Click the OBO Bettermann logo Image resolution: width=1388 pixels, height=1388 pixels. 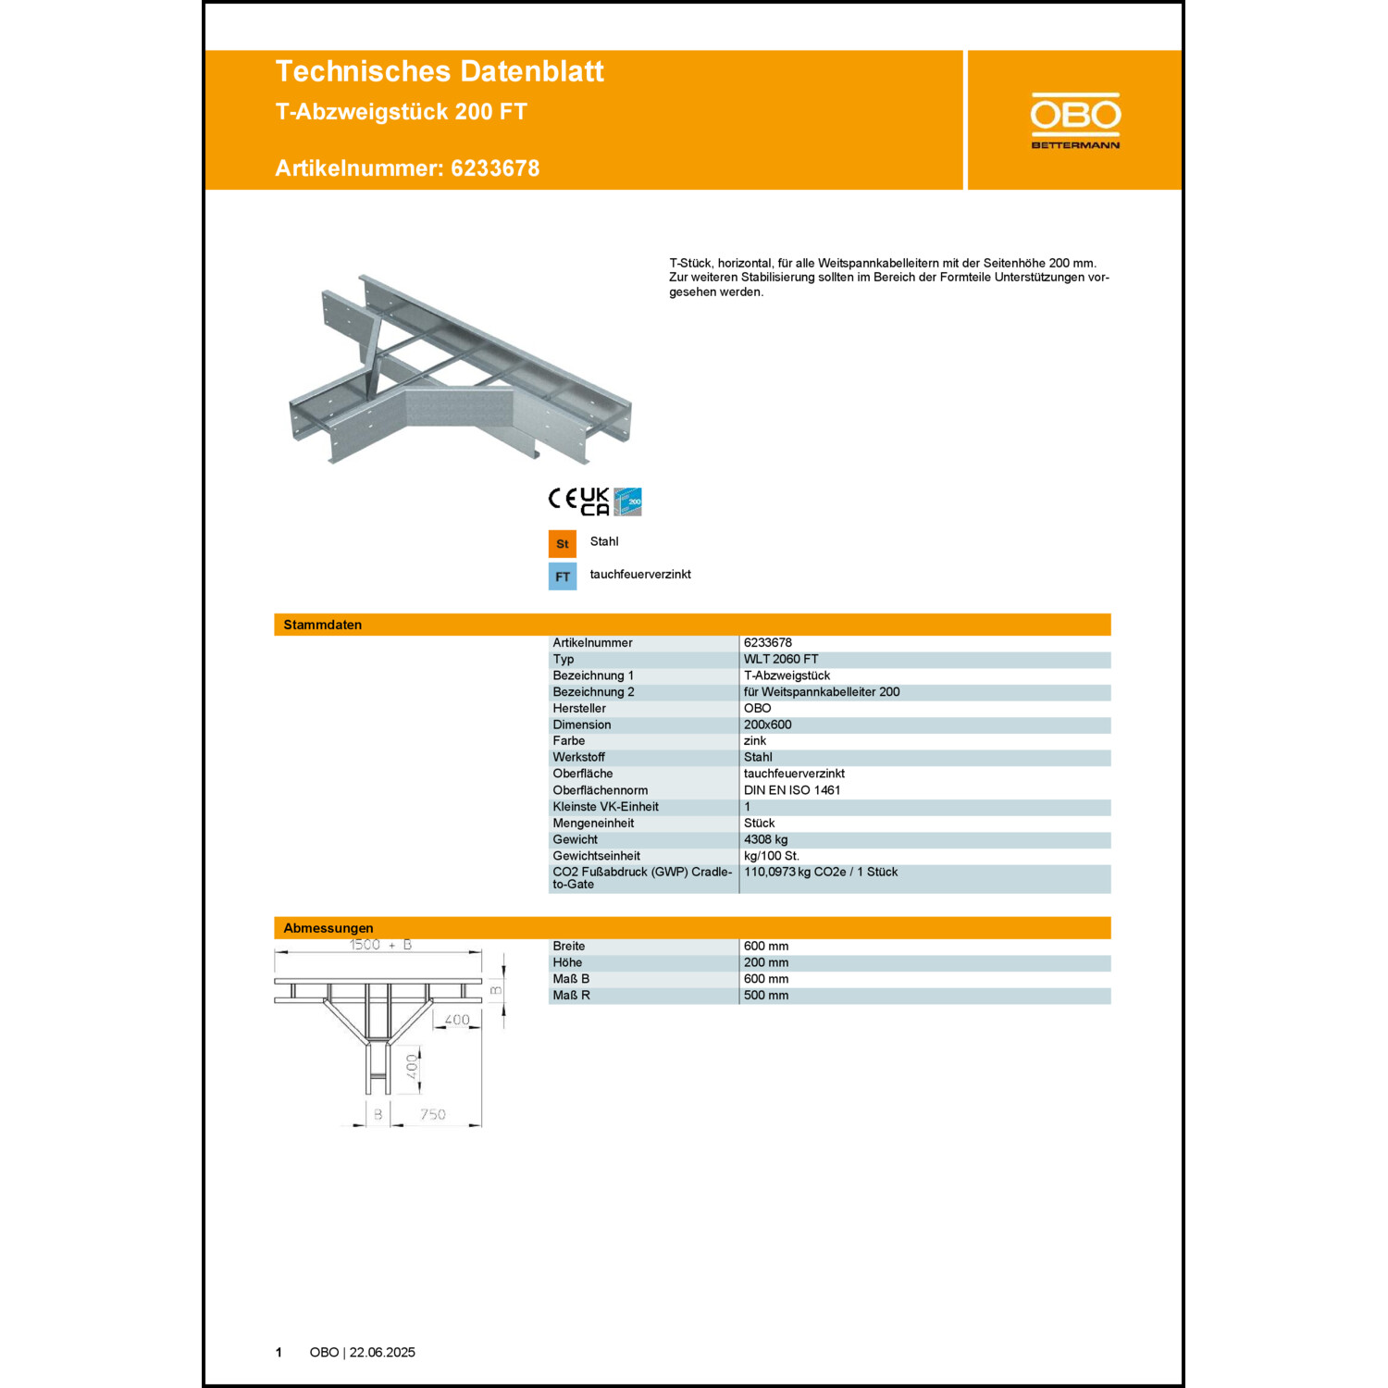[x=1075, y=120]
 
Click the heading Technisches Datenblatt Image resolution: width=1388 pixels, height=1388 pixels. [x=440, y=71]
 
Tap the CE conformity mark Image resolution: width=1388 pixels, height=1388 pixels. [x=563, y=500]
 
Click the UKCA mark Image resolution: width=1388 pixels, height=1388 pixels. [x=595, y=502]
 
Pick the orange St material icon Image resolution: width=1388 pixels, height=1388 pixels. [x=563, y=543]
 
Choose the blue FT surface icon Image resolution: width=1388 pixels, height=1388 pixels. [x=563, y=576]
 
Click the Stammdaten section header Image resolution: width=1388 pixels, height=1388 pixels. [x=323, y=625]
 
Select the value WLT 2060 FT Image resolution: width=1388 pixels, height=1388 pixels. [x=781, y=660]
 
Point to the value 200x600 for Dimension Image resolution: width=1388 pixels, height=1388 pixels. [x=768, y=725]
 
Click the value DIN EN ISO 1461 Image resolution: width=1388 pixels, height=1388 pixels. [x=792, y=790]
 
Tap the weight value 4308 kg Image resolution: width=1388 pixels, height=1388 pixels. [x=766, y=840]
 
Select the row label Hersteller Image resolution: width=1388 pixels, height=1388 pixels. [x=579, y=709]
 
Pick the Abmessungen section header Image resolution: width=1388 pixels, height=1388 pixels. [x=328, y=928]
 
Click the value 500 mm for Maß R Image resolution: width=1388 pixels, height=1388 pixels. [x=766, y=996]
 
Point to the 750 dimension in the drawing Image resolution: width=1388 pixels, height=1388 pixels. [x=433, y=1115]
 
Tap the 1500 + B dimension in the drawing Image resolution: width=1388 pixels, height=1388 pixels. [x=380, y=945]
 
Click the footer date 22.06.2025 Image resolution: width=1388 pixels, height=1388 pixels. [x=382, y=1353]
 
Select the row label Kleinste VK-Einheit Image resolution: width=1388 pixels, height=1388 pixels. [x=606, y=807]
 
